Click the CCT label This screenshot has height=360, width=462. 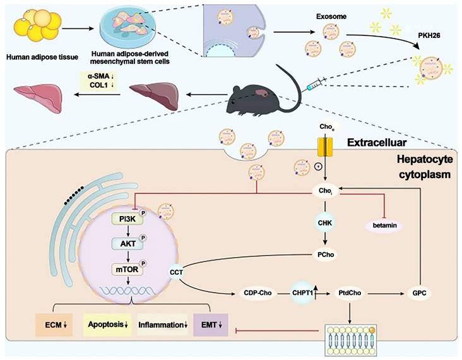(177, 273)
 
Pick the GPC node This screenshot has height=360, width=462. (419, 293)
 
